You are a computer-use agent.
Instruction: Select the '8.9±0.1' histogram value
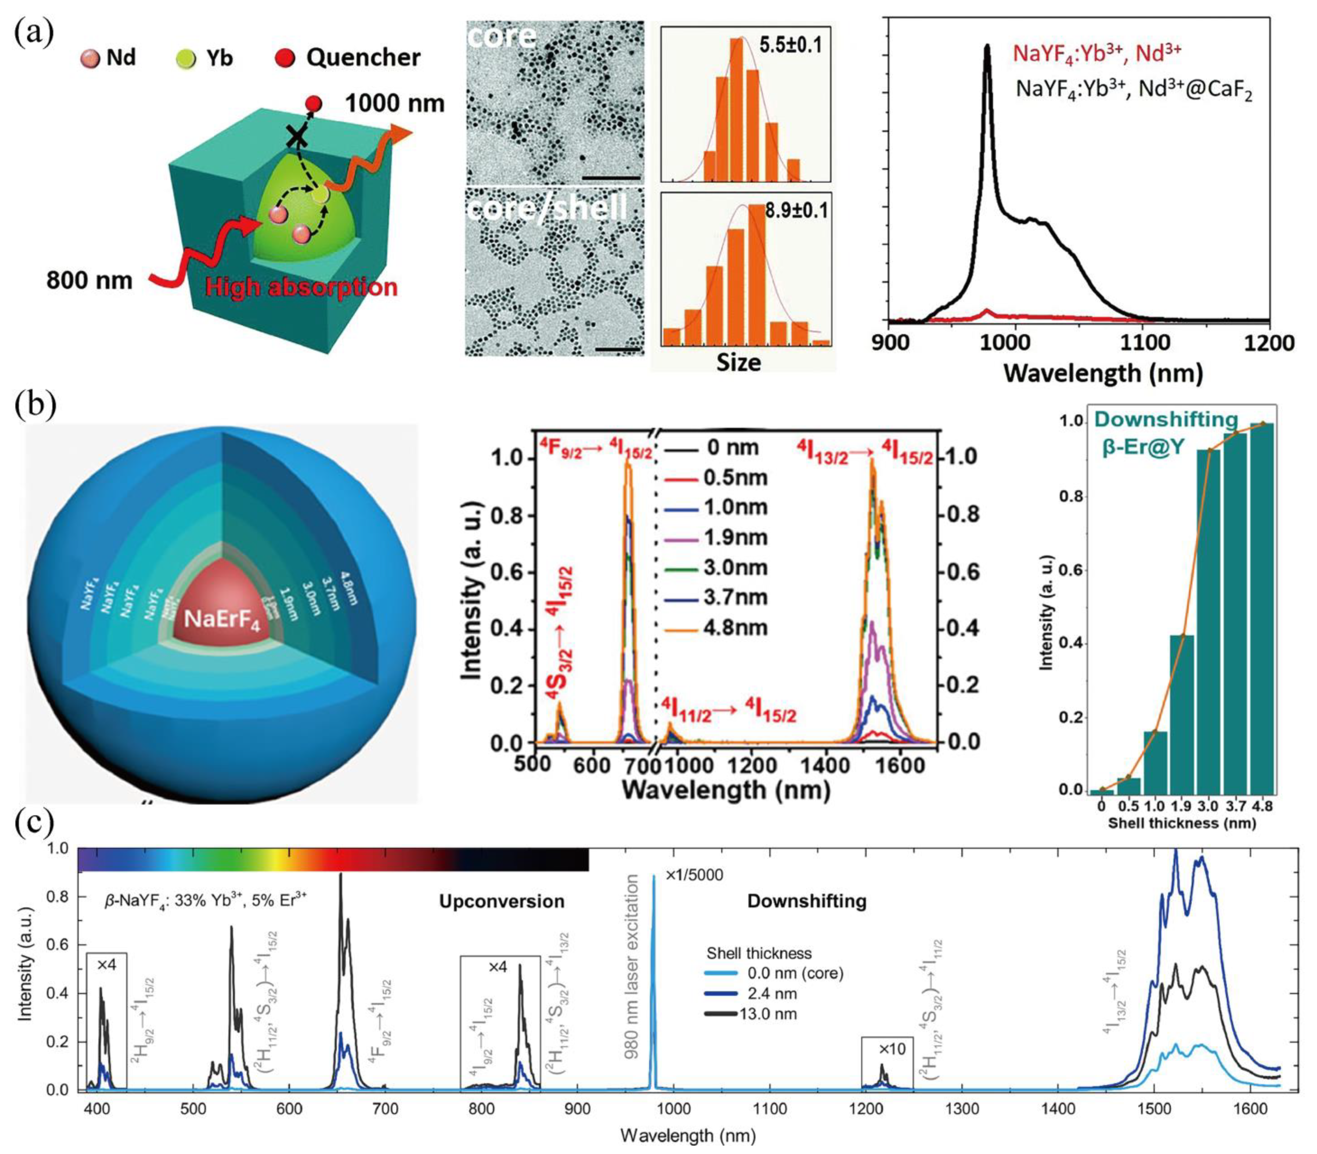(x=796, y=210)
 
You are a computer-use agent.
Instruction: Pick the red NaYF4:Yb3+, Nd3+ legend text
(x=1097, y=53)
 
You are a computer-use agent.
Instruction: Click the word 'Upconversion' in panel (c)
(x=502, y=901)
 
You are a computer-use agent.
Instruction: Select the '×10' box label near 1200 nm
(x=892, y=1048)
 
